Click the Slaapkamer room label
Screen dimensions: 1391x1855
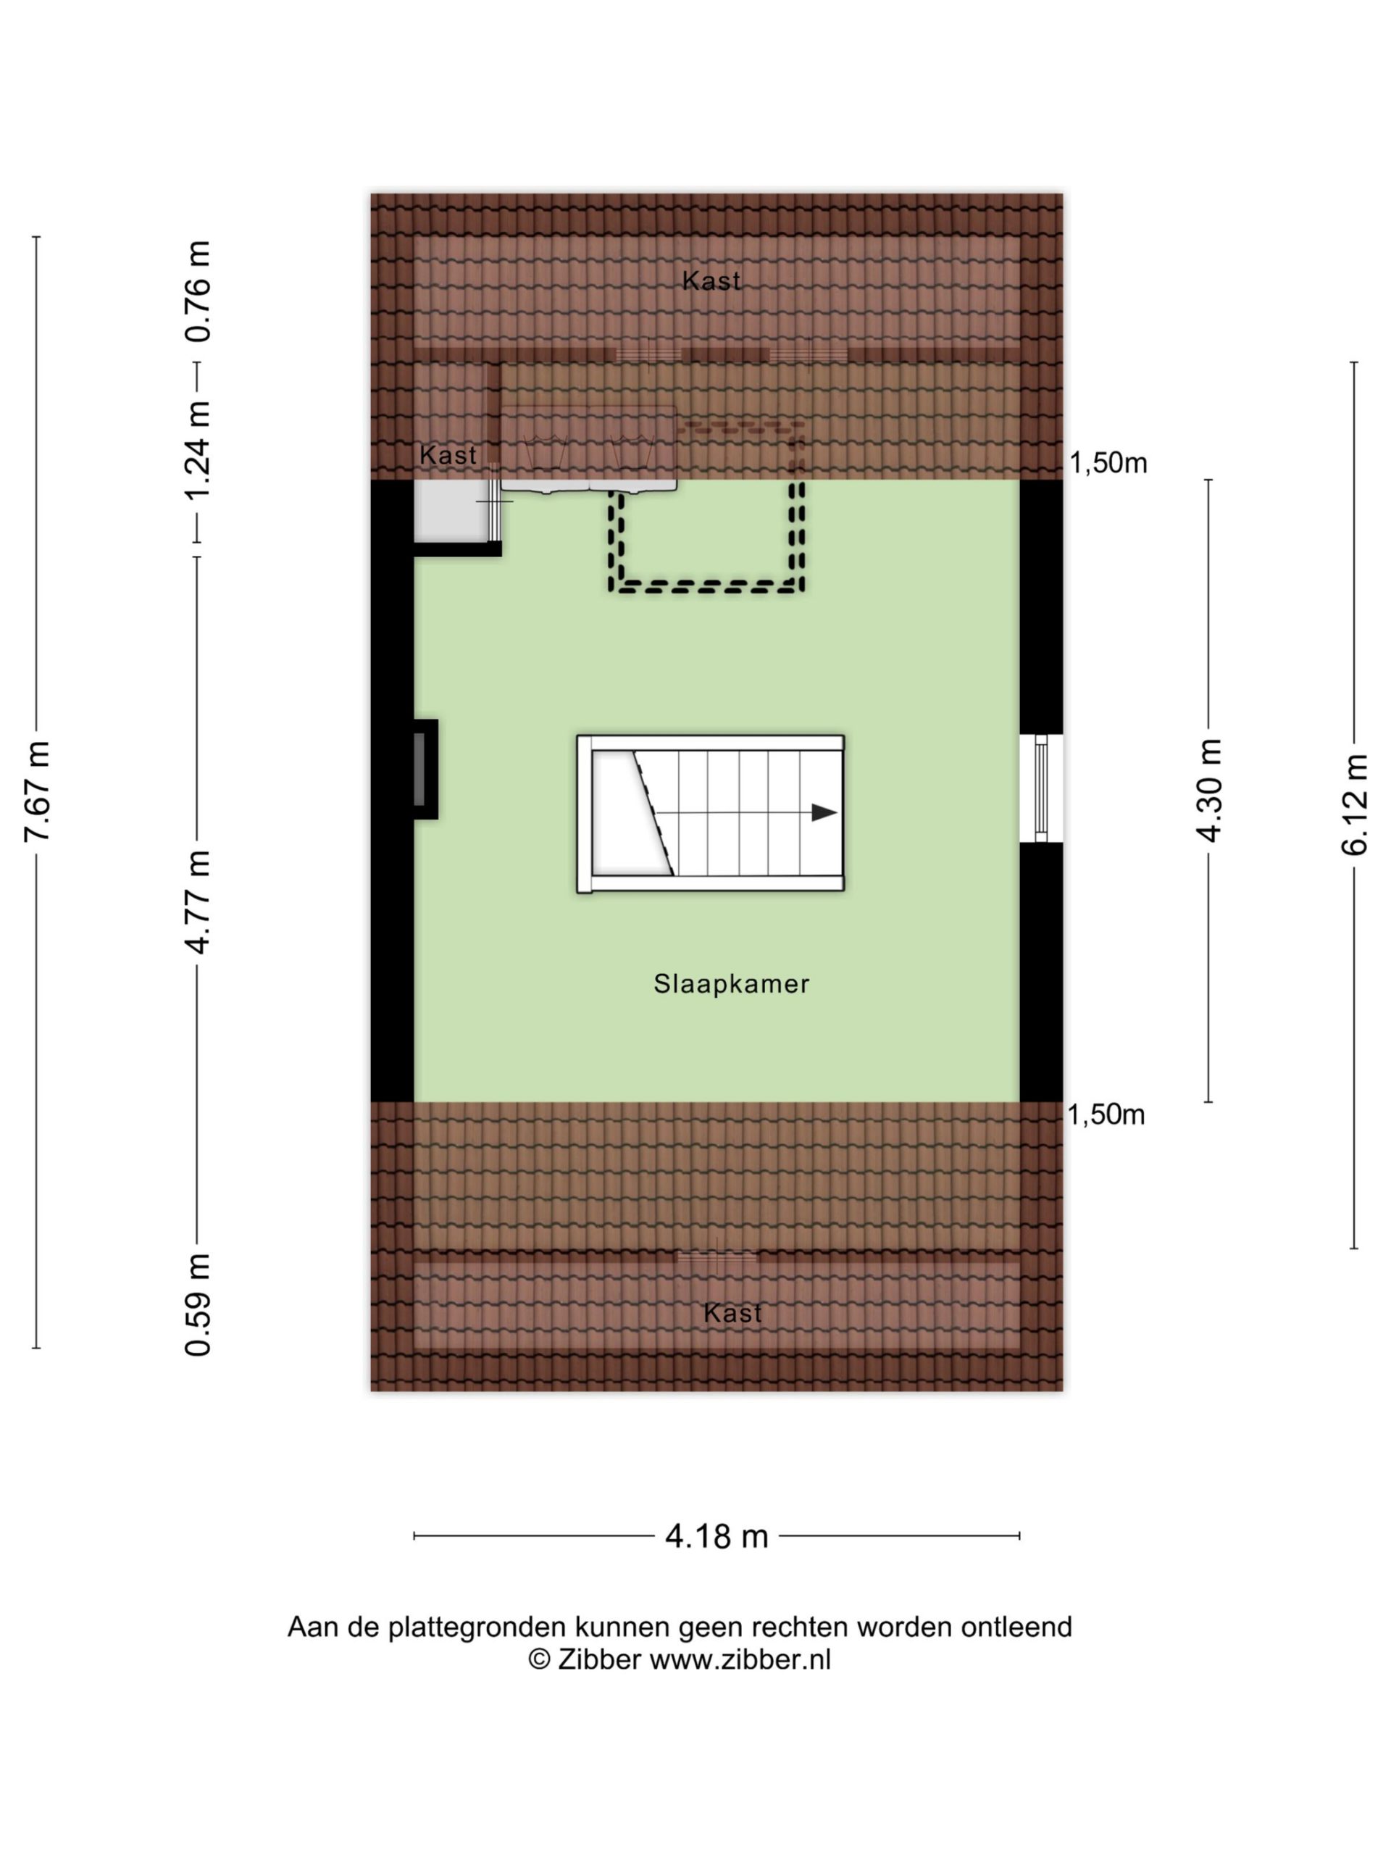point(731,984)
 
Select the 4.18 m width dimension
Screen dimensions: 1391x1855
point(717,1536)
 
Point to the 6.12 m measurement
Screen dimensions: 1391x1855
point(1354,805)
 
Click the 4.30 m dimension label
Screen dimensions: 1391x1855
point(1209,790)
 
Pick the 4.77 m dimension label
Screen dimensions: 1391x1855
point(198,901)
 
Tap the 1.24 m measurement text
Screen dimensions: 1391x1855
point(198,450)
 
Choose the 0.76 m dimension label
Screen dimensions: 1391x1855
point(198,291)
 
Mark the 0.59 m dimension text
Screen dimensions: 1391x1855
point(198,1305)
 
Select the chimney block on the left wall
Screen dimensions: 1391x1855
point(425,769)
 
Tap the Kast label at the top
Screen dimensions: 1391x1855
point(711,281)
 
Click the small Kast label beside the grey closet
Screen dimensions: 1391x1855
point(448,455)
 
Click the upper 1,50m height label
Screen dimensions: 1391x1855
point(1108,463)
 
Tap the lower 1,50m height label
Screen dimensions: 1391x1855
point(1106,1114)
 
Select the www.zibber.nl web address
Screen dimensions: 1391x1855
point(740,1659)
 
